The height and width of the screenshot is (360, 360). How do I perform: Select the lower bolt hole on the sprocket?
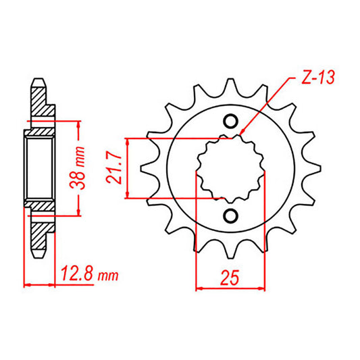coord(230,216)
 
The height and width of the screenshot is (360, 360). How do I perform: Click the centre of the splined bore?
coord(230,169)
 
